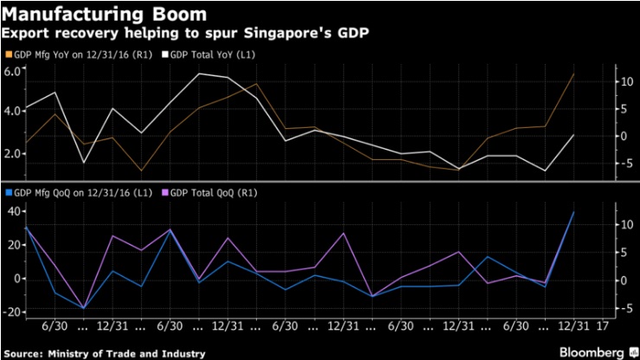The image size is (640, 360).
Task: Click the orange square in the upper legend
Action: pyautogui.click(x=8, y=54)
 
